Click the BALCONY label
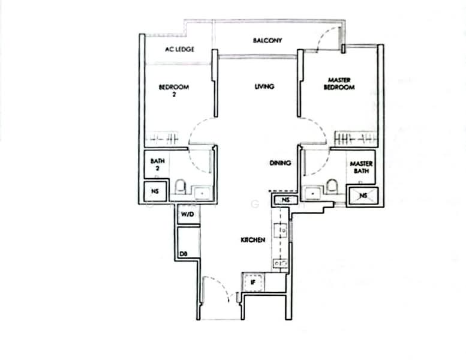tap(267, 40)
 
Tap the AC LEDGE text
tap(179, 49)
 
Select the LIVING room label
tap(264, 86)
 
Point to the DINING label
tap(280, 163)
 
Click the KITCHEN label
tap(253, 240)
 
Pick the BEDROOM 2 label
tap(174, 91)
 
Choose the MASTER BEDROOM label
tap(339, 84)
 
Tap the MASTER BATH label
tap(361, 167)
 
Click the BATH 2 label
tap(158, 164)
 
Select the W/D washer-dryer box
tap(188, 214)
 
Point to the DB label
tap(184, 254)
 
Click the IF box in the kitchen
tap(253, 282)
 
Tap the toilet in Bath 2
tap(180, 187)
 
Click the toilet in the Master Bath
tap(332, 187)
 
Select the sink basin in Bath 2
tap(202, 193)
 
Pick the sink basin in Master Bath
tap(312, 193)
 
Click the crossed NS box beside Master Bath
tap(363, 196)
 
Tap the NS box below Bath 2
tap(155, 191)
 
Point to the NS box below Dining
tap(285, 200)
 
